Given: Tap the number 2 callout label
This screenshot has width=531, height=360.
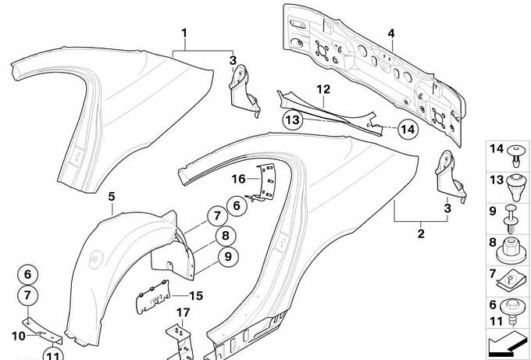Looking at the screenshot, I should pyautogui.click(x=421, y=233).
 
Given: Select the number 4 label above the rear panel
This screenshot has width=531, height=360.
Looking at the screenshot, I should pyautogui.click(x=391, y=33).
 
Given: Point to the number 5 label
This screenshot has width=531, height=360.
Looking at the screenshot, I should pyautogui.click(x=111, y=198).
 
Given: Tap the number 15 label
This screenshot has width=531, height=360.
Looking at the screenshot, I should pyautogui.click(x=197, y=296).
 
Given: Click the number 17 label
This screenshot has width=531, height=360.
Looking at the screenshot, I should pyautogui.click(x=183, y=314).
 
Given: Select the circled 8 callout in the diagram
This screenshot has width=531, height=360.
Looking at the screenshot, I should pyautogui.click(x=224, y=236).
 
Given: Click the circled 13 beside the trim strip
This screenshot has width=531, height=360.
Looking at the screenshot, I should pyautogui.click(x=292, y=120).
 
